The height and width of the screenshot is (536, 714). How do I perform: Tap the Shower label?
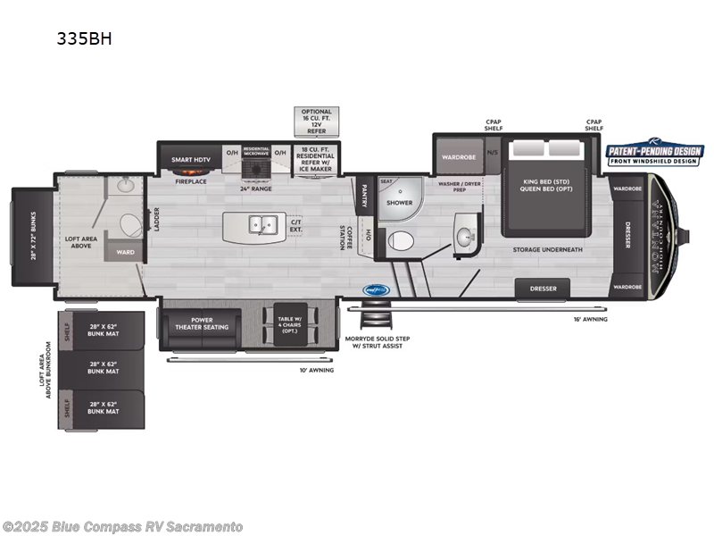[x=399, y=203]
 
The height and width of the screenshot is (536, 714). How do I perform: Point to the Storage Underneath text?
[x=547, y=249]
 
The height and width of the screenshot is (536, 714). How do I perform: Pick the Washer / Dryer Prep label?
[x=461, y=186]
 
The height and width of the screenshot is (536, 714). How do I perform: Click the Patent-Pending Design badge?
[x=655, y=155]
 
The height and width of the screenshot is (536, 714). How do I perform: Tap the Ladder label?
[x=156, y=220]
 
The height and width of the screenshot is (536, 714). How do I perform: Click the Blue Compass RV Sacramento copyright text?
[x=122, y=526]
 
